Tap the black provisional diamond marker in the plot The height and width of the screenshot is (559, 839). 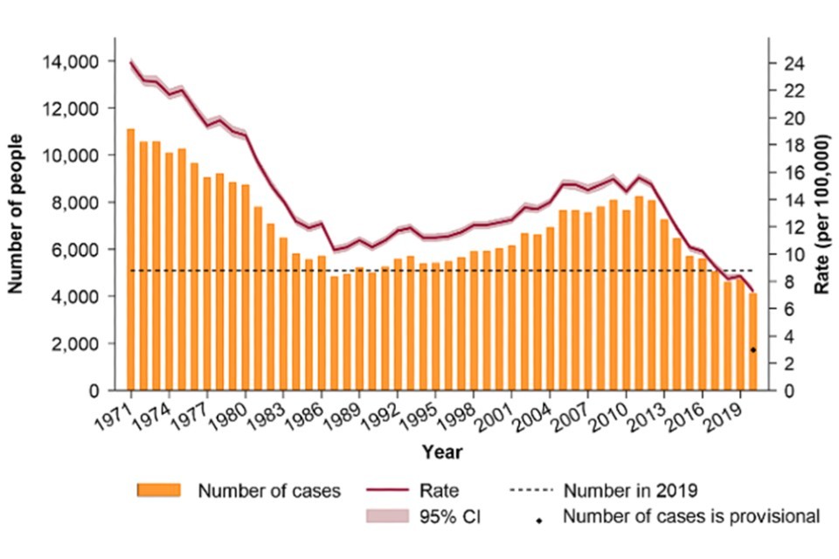(x=753, y=350)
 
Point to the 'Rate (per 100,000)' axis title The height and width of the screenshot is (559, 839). (x=821, y=214)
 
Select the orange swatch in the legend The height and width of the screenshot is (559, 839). (x=158, y=490)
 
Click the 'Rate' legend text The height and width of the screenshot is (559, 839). (x=463, y=490)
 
